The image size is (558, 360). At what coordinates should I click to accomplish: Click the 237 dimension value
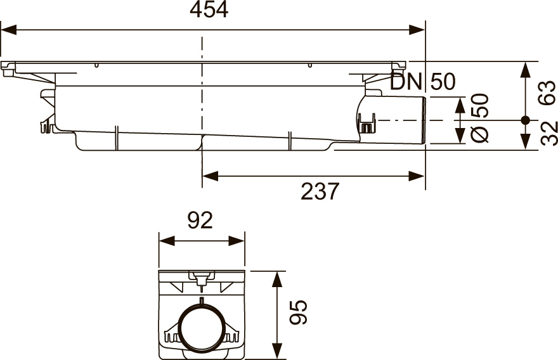pyautogui.click(x=320, y=191)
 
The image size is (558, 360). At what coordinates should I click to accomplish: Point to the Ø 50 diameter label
pyautogui.click(x=480, y=119)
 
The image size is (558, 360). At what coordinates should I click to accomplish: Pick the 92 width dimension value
pyautogui.click(x=200, y=221)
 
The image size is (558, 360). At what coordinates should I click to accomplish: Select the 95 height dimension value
pyautogui.click(x=298, y=312)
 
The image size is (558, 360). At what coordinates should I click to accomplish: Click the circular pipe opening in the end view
pyautogui.click(x=201, y=328)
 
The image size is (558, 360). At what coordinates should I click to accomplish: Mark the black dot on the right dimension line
pyautogui.click(x=525, y=120)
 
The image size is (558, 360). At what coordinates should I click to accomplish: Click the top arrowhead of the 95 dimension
pyautogui.click(x=276, y=278)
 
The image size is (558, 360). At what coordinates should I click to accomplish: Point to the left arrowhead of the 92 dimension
pyautogui.click(x=165, y=241)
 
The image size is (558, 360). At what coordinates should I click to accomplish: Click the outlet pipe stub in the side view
pyautogui.click(x=403, y=120)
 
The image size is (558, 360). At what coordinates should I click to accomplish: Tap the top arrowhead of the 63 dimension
pyautogui.click(x=525, y=69)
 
